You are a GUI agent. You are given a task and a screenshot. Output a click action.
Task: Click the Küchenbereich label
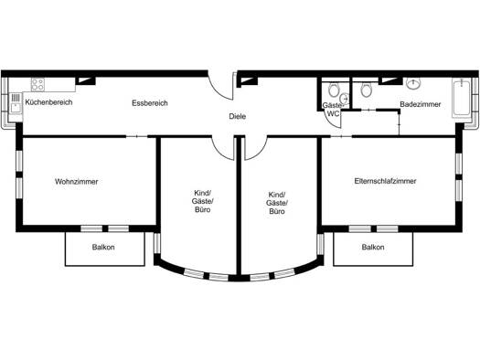(48, 102)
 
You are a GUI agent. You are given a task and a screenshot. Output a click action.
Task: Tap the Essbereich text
(150, 103)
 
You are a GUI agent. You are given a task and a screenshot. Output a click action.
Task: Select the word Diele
(238, 117)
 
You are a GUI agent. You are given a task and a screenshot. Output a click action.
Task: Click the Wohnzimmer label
(77, 182)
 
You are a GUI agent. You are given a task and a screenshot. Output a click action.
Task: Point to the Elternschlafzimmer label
(386, 181)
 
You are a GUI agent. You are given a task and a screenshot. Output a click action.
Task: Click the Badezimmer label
(421, 104)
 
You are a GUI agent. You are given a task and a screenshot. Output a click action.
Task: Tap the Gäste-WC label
(333, 110)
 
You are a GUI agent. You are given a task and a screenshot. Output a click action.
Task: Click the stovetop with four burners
(38, 84)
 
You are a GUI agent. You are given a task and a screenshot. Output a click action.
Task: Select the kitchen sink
(16, 103)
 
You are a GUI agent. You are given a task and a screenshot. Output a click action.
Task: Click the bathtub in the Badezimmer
(461, 98)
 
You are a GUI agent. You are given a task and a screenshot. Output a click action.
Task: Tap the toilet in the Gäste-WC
(334, 90)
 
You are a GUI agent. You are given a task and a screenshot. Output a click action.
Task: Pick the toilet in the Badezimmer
(366, 90)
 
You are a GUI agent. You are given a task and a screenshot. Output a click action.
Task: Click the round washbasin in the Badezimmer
(413, 83)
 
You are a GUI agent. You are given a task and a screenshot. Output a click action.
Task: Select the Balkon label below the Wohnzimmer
(103, 247)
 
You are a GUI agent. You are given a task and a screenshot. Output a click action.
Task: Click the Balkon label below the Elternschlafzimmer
(373, 247)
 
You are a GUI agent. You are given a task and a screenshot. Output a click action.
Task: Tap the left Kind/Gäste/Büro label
(203, 201)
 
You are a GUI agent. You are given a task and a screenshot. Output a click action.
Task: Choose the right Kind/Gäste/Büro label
(277, 203)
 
